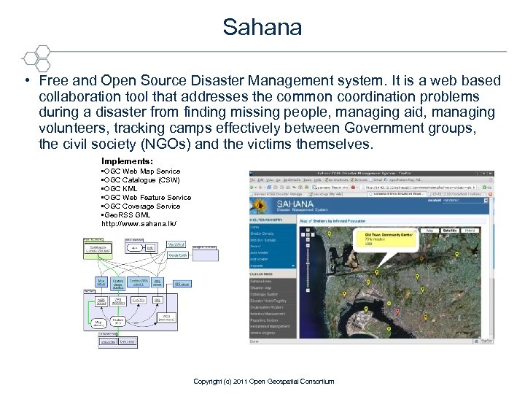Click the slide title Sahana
[262, 28]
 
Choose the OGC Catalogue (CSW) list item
[140, 179]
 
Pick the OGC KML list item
[120, 188]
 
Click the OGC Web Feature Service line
[146, 197]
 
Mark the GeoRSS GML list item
[128, 215]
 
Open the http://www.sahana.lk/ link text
[139, 223]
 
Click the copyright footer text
[263, 382]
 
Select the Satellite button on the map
[449, 231]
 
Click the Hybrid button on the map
[470, 231]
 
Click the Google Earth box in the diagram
[177, 256]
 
